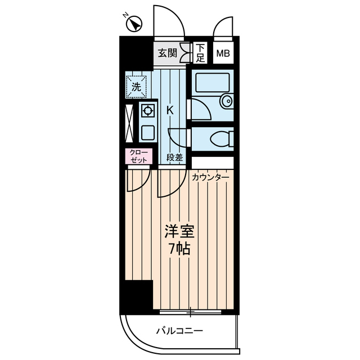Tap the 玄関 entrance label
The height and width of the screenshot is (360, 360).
pyautogui.click(x=167, y=53)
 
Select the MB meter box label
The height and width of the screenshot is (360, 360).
pyautogui.click(x=224, y=54)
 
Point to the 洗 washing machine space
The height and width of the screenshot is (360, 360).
pyautogui.click(x=136, y=87)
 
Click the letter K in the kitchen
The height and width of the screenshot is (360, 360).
pyautogui.click(x=169, y=110)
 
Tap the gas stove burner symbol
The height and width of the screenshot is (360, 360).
pyautogui.click(x=148, y=111)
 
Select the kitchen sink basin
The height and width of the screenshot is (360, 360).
pyautogui.click(x=148, y=133)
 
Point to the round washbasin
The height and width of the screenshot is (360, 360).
pyautogui.click(x=226, y=101)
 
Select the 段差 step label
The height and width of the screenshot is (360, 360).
pyautogui.click(x=175, y=158)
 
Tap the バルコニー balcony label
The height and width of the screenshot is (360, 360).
pyautogui.click(x=179, y=330)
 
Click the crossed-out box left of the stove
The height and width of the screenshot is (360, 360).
pyautogui.click(x=130, y=122)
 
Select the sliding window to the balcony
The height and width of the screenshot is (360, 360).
pyautogui.click(x=191, y=310)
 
